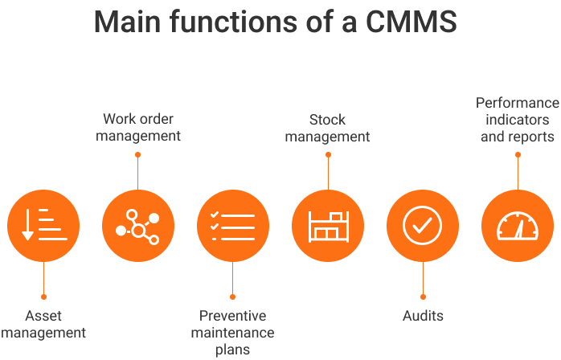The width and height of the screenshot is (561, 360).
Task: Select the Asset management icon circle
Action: [43, 226]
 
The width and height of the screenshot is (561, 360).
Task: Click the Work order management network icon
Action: [138, 226]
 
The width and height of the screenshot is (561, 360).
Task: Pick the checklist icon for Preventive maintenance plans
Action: [233, 226]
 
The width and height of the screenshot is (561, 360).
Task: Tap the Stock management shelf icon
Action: [328, 226]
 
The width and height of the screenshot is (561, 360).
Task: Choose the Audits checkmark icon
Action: [423, 226]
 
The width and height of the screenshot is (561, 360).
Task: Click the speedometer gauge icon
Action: [517, 226]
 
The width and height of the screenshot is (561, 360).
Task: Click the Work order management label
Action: [138, 128]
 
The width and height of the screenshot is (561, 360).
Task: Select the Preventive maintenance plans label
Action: [233, 332]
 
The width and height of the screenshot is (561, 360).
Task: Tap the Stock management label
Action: [328, 128]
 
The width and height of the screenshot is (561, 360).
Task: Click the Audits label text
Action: [423, 316]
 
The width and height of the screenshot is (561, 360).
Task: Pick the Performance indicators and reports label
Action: [517, 120]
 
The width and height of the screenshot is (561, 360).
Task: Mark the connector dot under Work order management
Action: [138, 153]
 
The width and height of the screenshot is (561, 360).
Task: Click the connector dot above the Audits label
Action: [423, 297]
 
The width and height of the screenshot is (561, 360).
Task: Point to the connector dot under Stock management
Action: [328, 154]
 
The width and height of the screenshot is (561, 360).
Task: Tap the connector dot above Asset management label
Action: [43, 297]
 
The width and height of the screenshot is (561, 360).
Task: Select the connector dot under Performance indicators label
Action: [518, 154]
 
